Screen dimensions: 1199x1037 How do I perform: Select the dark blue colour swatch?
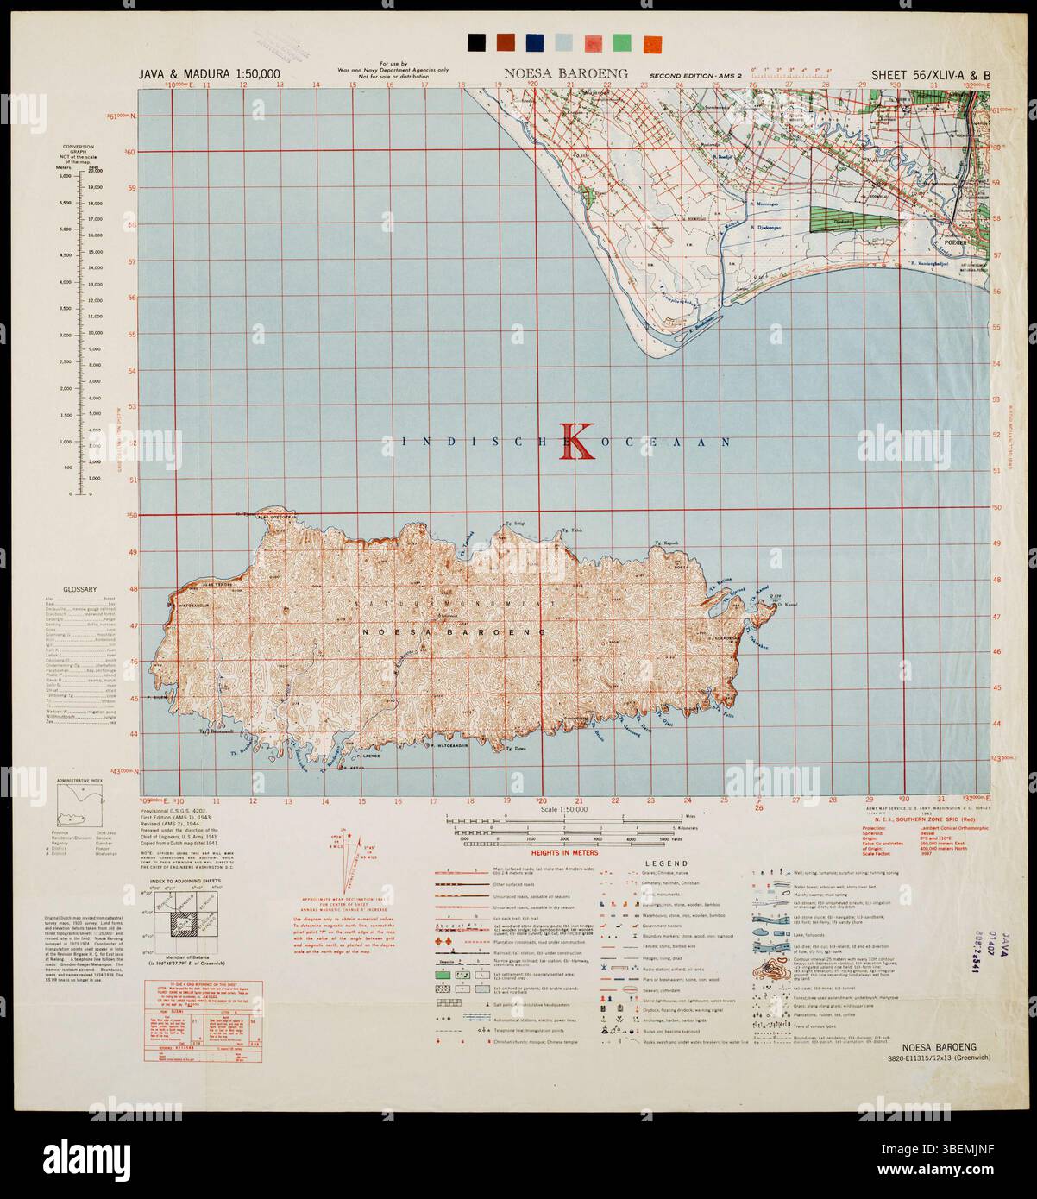535,42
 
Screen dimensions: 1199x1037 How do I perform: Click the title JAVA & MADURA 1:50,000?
221,74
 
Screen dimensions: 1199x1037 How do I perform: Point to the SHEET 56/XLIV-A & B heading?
930,74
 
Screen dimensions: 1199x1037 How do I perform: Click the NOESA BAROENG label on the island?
456,632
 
